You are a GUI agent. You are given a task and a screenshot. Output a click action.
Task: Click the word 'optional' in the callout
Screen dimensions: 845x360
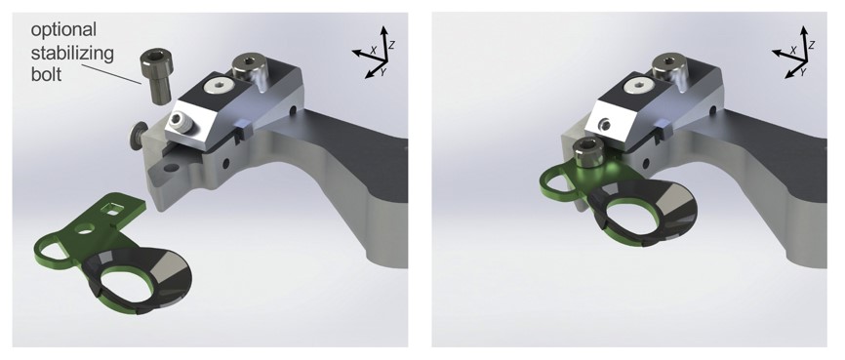coord(63,30)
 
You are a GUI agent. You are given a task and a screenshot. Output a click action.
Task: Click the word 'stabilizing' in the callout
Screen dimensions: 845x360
coord(72,53)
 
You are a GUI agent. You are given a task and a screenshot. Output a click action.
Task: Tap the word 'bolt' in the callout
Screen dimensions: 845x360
coord(46,73)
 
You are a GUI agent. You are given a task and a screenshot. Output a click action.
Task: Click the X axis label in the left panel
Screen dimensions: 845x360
coord(373,50)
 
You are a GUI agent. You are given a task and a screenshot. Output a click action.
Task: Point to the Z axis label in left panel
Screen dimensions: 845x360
coord(392,45)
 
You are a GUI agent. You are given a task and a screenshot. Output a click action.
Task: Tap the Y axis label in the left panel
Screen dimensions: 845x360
coord(382,71)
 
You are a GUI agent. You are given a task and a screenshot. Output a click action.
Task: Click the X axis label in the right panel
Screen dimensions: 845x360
coord(792,50)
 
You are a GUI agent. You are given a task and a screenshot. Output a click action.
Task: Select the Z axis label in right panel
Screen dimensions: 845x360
coord(812,45)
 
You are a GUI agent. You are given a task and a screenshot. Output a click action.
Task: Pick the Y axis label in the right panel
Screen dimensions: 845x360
coord(801,71)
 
